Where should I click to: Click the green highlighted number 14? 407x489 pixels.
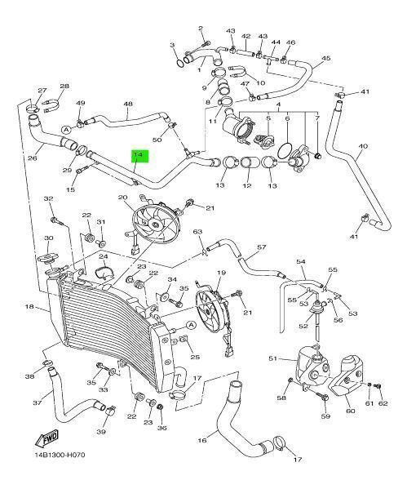point(139,154)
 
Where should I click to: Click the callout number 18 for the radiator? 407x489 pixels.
point(29,307)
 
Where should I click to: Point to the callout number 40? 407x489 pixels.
point(363,146)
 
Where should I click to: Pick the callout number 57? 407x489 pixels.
point(262,247)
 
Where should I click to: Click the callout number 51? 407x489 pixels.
point(273,358)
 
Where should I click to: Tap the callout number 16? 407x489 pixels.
point(202,440)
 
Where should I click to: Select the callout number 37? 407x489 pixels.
point(38,402)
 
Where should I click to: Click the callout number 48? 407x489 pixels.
point(128,104)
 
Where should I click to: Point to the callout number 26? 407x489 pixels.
point(33,158)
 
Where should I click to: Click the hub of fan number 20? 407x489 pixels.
point(154,224)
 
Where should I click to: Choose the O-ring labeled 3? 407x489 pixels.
point(179,63)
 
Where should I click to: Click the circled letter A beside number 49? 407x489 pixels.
point(66,129)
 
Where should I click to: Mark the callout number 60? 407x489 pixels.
point(351,411)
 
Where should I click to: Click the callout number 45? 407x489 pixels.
point(326,58)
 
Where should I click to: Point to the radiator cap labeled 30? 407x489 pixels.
point(46,258)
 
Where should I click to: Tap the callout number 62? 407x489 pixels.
point(383,403)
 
